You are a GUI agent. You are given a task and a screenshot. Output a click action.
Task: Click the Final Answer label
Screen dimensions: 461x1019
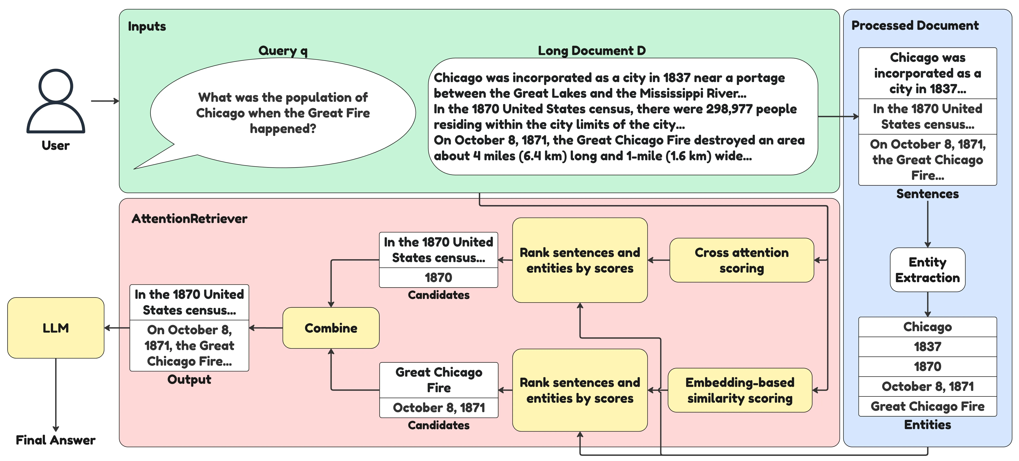point(56,440)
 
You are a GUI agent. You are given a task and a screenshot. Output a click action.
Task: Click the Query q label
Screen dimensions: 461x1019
point(283,51)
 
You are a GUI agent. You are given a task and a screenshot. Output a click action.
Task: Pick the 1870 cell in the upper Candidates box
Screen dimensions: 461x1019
point(438,277)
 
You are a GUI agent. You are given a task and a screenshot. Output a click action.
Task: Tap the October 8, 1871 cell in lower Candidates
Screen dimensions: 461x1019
point(439,408)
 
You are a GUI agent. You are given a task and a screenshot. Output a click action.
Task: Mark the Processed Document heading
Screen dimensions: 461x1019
point(915,25)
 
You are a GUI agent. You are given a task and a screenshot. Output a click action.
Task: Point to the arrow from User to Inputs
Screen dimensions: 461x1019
point(105,101)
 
